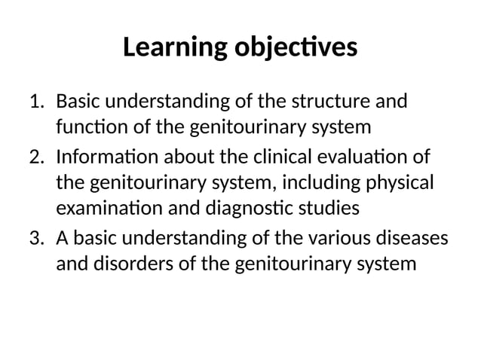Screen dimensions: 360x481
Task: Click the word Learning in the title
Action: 167,48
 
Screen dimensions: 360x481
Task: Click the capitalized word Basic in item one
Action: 79,100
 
